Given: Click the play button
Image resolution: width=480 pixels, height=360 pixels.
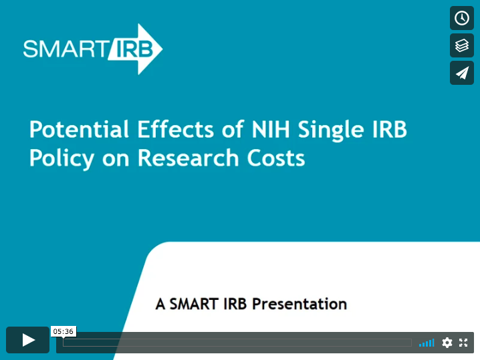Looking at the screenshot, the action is pyautogui.click(x=27, y=340).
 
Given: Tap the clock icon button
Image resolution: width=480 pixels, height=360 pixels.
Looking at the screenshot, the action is pyautogui.click(x=462, y=18).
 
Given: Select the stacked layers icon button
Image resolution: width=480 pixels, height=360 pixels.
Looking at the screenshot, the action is pyautogui.click(x=462, y=45).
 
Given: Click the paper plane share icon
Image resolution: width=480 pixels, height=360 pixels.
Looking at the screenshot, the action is pyautogui.click(x=462, y=73).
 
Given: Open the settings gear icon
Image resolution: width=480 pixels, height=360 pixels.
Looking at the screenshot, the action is pyautogui.click(x=447, y=343).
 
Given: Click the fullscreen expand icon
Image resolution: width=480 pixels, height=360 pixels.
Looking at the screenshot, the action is pyautogui.click(x=463, y=343).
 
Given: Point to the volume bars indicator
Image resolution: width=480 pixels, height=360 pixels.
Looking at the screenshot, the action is pyautogui.click(x=427, y=343).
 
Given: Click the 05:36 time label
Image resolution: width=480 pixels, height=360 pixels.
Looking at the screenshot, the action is pyautogui.click(x=64, y=331).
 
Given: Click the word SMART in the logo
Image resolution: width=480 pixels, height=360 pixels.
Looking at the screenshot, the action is pyautogui.click(x=64, y=49).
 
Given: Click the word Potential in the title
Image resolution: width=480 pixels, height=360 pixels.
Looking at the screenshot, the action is pyautogui.click(x=79, y=130).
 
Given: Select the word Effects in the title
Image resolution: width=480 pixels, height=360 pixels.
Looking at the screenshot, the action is pyautogui.click(x=175, y=130).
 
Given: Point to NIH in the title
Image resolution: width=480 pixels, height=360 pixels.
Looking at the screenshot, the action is pyautogui.click(x=271, y=130).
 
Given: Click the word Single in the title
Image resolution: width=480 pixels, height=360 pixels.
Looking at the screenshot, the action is pyautogui.click(x=331, y=131).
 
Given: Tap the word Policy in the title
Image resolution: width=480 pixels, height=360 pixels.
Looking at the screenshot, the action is pyautogui.click(x=62, y=158).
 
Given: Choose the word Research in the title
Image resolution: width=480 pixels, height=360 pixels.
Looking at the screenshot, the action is pyautogui.click(x=188, y=158).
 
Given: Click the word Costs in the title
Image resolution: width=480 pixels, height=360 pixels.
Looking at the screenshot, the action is pyautogui.click(x=276, y=158).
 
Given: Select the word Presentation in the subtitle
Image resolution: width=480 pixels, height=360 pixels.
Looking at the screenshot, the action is pyautogui.click(x=299, y=304).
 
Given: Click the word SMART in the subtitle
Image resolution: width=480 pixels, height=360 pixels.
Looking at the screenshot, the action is pyautogui.click(x=194, y=304).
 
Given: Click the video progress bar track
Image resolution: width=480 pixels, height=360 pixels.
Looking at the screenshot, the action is pyautogui.click(x=237, y=343).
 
